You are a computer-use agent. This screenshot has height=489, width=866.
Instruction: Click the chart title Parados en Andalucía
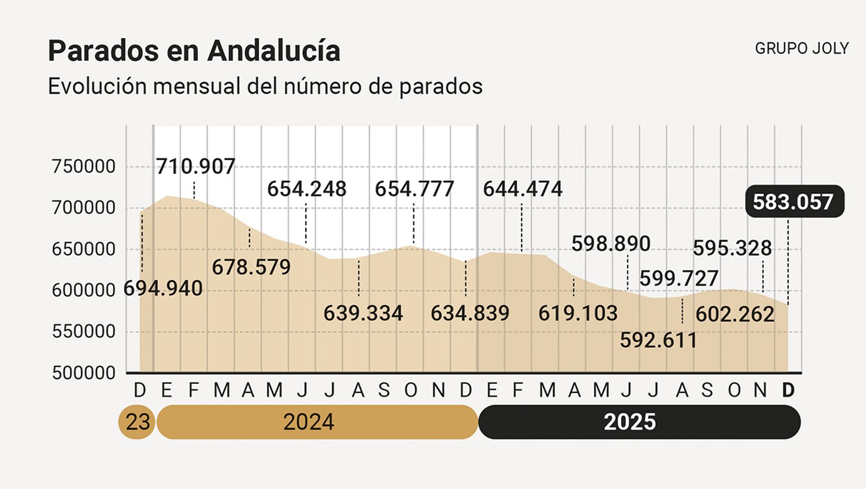pyautogui.click(x=194, y=51)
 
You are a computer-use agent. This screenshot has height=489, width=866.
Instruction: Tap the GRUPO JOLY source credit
pyautogui.click(x=802, y=49)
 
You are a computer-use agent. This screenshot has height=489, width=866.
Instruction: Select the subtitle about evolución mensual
pyautogui.click(x=265, y=87)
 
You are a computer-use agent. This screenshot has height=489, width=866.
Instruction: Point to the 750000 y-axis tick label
pyautogui.click(x=84, y=167)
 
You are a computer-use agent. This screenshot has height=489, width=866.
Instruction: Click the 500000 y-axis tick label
pyautogui.click(x=84, y=373)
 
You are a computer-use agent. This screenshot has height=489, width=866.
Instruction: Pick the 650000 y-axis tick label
pyautogui.click(x=84, y=249)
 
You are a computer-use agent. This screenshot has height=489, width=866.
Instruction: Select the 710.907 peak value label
pyautogui.click(x=195, y=167)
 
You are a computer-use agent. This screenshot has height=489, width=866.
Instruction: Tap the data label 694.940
pyautogui.click(x=163, y=288)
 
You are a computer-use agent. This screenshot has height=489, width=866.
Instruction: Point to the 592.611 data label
pyautogui.click(x=659, y=340)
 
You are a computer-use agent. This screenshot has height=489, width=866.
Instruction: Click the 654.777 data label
pyautogui.click(x=415, y=189)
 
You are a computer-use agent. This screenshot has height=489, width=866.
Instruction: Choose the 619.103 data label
pyautogui.click(x=578, y=313)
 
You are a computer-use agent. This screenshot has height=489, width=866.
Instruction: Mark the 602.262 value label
pyautogui.click(x=734, y=314)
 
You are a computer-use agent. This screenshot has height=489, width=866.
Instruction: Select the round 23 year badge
pyautogui.click(x=137, y=422)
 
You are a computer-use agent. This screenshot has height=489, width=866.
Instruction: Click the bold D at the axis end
pyautogui.click(x=789, y=390)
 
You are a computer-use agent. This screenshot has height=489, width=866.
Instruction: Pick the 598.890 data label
pyautogui.click(x=611, y=244)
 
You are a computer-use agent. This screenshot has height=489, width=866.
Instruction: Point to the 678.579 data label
pyautogui.click(x=251, y=267)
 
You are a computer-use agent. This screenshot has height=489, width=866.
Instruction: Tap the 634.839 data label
pyautogui.click(x=470, y=313)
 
